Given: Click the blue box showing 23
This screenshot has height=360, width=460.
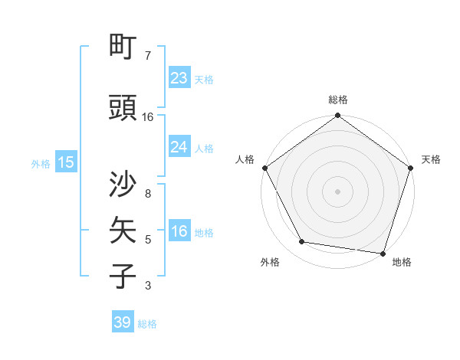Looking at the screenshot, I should (x=179, y=78).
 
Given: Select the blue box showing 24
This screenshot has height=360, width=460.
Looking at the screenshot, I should (x=179, y=147).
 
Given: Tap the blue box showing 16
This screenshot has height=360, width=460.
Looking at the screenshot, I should (x=179, y=232).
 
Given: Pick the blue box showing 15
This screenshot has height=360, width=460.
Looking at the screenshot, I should (x=65, y=162).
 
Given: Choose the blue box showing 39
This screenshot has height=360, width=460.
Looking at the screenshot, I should (x=122, y=322).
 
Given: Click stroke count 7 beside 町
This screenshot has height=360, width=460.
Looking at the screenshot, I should (x=148, y=56).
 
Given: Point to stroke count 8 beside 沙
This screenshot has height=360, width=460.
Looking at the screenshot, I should (x=148, y=195).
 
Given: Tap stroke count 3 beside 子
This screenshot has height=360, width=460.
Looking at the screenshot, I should (x=148, y=286).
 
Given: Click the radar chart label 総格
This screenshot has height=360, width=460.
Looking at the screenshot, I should (x=338, y=100).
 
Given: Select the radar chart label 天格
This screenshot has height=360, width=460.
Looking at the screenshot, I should (x=431, y=159).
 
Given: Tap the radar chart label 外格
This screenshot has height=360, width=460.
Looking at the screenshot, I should (x=270, y=262).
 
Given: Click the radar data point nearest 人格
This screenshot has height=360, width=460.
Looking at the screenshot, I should (x=265, y=168).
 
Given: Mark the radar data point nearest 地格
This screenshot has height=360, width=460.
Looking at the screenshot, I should (x=383, y=253).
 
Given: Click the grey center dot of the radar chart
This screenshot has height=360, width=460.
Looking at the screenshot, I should (x=338, y=191).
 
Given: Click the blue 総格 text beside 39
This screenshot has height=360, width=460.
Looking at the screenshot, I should (x=147, y=324).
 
